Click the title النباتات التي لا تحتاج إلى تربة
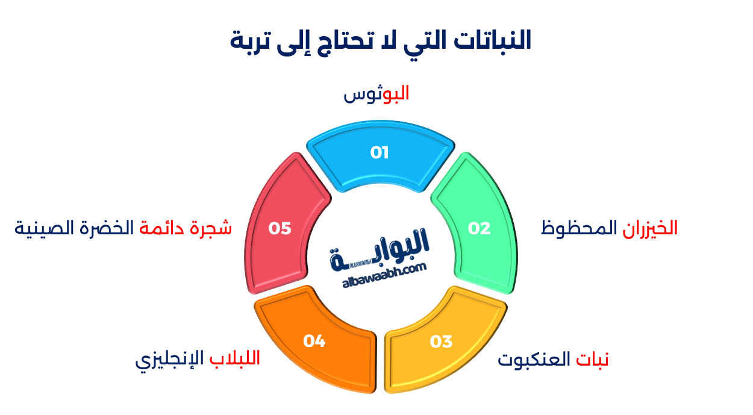[381, 41]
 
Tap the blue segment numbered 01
[380, 158]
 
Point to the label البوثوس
[377, 95]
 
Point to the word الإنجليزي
[170, 360]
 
